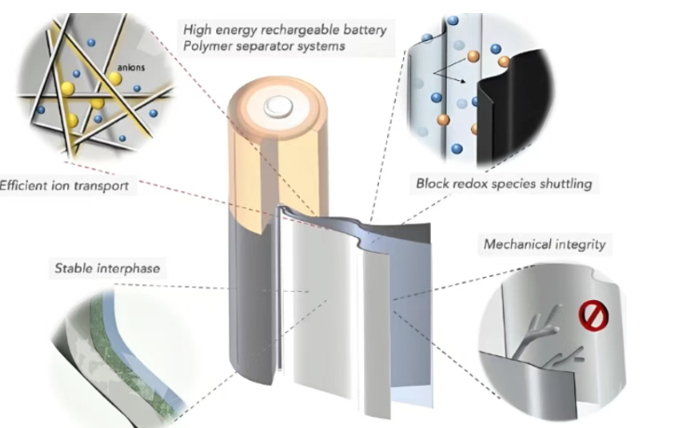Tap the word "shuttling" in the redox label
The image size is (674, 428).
pyautogui.click(x=561, y=185)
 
